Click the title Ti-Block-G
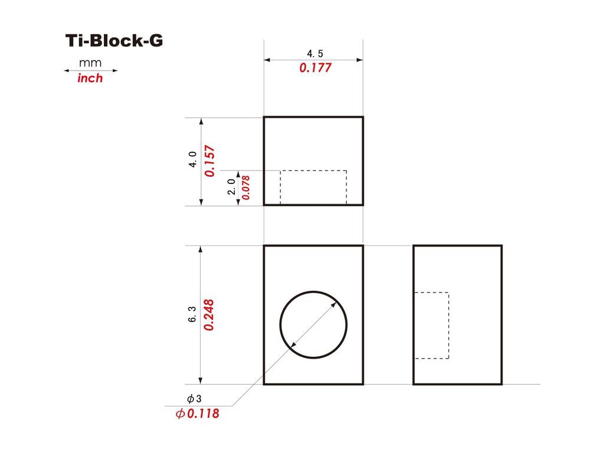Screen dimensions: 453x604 114,41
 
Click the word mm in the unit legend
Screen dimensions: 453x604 90,63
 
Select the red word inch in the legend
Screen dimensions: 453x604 90,78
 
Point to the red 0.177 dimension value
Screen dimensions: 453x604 315,68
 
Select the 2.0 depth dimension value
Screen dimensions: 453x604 231,187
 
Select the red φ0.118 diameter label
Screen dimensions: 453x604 197,413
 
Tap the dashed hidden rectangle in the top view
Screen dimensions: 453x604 313,188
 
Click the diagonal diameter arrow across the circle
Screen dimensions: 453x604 314,324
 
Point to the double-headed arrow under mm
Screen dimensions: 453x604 90,71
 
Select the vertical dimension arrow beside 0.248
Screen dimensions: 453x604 202,354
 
